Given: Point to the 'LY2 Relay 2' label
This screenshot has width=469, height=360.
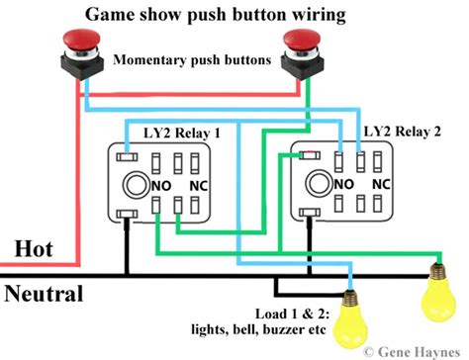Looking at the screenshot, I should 402,131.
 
